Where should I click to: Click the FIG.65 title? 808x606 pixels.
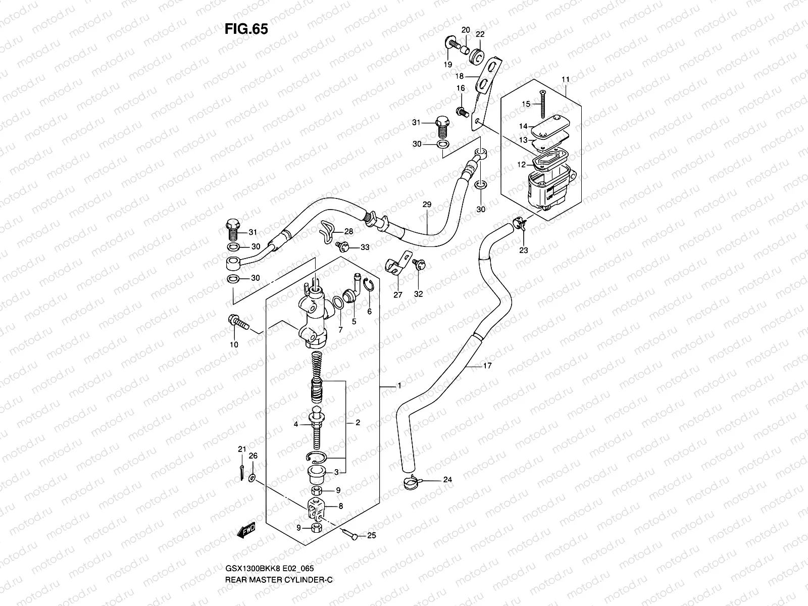[246, 29]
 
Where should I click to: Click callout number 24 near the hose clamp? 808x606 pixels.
[447, 480]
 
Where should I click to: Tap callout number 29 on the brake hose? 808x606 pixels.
[427, 205]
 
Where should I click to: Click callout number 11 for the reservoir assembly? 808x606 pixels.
[565, 80]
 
